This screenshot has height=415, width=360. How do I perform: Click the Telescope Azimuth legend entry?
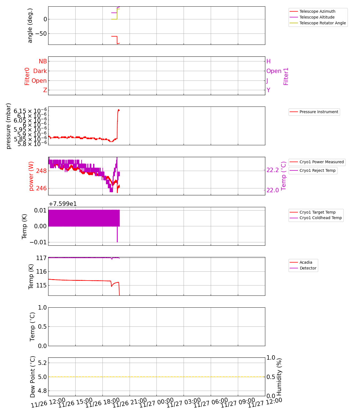pos(317,11)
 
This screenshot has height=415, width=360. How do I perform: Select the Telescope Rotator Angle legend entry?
pos(323,23)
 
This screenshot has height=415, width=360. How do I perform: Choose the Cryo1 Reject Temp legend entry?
pos(317,170)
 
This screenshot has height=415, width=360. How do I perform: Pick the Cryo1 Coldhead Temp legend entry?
pos(321,218)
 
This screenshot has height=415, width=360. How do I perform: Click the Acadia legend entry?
pos(306,262)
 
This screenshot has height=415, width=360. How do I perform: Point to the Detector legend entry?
pos(308,268)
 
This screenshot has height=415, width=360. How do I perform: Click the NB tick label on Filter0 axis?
pos(43,61)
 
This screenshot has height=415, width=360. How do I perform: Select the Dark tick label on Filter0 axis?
pos(40,71)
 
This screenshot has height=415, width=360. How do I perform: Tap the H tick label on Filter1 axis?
pos(268,61)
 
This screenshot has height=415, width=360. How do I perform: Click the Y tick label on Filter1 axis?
pos(268,90)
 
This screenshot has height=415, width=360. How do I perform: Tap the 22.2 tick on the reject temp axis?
pos(272,170)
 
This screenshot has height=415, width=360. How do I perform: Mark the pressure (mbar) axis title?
pos(9,126)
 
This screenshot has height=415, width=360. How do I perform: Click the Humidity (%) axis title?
pos(279,377)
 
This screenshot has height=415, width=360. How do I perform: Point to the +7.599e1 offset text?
pos(63,204)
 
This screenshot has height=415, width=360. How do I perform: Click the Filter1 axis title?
pos(286,76)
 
